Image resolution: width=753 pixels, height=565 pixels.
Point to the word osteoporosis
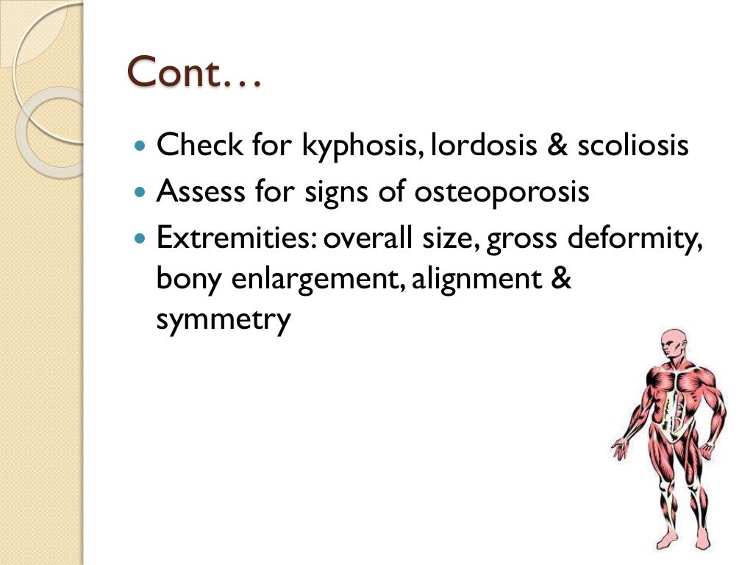click(502, 193)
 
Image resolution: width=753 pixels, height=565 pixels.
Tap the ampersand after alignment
click(561, 280)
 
